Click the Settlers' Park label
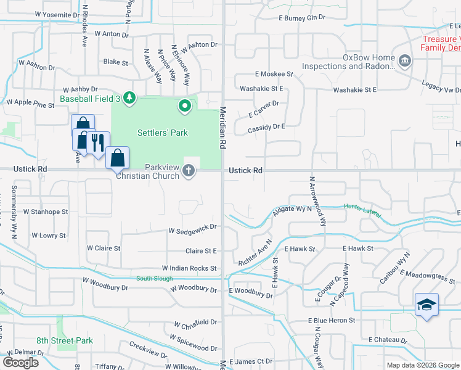[163, 133]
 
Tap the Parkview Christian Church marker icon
[189, 171]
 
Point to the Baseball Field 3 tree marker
[129, 98]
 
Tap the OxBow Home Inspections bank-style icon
[405, 61]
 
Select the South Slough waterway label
[154, 279]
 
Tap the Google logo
[20, 363]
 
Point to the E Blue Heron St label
[332, 321]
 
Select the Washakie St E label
[354, 90]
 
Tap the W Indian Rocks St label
[189, 268]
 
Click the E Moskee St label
[273, 74]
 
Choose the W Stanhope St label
[46, 212]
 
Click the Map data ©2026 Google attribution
[422, 365]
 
